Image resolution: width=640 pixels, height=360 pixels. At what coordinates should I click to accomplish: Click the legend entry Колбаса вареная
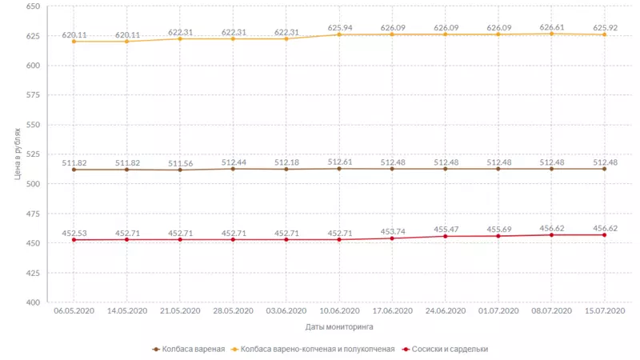[x=193, y=349]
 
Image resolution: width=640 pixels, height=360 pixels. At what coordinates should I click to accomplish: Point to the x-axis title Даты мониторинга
[x=339, y=326]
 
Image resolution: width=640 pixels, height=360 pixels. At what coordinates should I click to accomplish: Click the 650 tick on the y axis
[x=33, y=6]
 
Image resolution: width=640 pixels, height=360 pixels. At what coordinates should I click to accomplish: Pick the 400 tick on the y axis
[x=33, y=302]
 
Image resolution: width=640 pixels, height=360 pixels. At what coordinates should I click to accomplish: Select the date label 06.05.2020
[x=74, y=311]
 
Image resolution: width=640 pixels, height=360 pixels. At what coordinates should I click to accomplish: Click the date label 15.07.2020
[x=604, y=311]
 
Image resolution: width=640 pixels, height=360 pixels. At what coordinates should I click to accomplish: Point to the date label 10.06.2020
[x=339, y=311]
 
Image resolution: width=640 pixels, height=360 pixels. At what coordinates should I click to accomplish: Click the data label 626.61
[x=551, y=26]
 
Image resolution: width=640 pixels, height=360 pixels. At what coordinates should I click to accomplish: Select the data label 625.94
[x=339, y=27]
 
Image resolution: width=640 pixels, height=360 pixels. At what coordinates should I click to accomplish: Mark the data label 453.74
[x=392, y=231]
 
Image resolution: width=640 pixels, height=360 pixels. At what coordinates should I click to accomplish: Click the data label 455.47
[x=445, y=229]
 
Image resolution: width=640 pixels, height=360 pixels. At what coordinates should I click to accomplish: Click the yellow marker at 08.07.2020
[x=551, y=34]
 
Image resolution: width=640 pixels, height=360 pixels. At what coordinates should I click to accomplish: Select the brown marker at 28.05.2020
[x=233, y=169]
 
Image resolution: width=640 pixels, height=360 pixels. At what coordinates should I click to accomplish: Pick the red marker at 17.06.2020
[x=392, y=238]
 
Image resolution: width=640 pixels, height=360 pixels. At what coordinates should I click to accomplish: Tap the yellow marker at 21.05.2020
[x=180, y=38]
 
